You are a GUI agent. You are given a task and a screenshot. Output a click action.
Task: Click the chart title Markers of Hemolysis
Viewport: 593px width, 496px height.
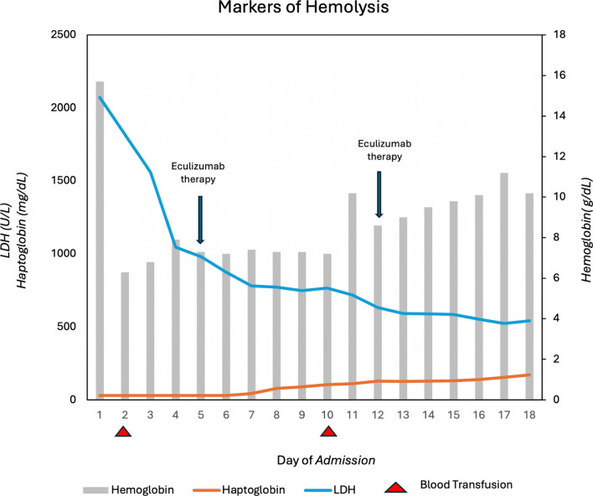[303, 7]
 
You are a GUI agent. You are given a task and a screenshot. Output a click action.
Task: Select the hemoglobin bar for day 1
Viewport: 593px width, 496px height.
[100, 240]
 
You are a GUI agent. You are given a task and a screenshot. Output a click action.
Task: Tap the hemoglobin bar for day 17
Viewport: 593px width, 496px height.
[504, 286]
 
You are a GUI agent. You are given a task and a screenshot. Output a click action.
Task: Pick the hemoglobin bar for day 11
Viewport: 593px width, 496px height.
[353, 297]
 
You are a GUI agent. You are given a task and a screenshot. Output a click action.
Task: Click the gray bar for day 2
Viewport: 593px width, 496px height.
[125, 336]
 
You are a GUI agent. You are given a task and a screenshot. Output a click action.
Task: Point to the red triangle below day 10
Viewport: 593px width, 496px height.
[327, 431]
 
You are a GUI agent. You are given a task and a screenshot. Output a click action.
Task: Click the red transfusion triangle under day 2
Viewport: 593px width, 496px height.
[123, 431]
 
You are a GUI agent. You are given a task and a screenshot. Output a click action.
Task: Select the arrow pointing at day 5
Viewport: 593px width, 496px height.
[200, 220]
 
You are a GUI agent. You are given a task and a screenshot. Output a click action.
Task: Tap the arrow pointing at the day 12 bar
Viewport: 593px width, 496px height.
[379, 194]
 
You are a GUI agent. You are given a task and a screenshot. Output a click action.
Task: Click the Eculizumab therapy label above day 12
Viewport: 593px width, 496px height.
[384, 150]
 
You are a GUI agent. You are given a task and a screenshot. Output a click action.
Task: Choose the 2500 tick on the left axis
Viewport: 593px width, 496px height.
[64, 34]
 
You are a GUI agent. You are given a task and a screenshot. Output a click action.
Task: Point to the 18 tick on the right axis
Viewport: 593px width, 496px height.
[559, 34]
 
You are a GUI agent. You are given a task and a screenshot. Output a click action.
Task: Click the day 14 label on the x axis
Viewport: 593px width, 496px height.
[429, 415]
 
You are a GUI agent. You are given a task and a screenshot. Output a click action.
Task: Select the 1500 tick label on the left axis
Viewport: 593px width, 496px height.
[64, 180]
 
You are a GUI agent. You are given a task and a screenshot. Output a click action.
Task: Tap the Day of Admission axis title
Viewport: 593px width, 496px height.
[326, 460]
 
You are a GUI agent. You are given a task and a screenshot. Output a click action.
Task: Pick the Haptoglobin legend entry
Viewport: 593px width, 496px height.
[239, 489]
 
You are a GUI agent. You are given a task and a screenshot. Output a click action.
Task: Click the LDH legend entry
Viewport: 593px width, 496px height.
[330, 489]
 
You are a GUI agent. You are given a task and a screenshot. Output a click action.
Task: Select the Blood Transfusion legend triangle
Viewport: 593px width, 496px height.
[395, 488]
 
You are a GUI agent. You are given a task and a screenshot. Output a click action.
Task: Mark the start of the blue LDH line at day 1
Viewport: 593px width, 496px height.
[100, 97]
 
